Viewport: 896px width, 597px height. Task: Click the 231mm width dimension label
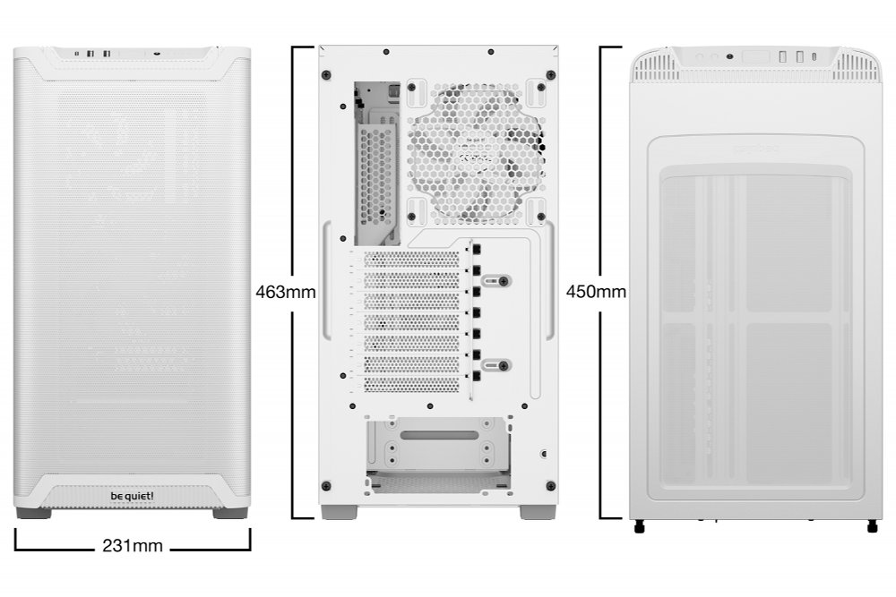click(134, 545)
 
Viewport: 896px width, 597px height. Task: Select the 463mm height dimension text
click(286, 293)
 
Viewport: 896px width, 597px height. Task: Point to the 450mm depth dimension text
click(596, 292)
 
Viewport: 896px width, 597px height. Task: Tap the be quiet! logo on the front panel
click(133, 494)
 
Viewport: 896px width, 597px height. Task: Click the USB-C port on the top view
click(814, 56)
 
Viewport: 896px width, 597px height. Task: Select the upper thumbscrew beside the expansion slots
click(504, 282)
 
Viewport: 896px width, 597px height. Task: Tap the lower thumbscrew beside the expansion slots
click(504, 364)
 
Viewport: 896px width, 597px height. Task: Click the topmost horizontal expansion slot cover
click(412, 260)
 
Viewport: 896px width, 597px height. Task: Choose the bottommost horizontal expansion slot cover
click(412, 385)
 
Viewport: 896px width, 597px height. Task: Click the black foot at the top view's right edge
click(872, 527)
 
